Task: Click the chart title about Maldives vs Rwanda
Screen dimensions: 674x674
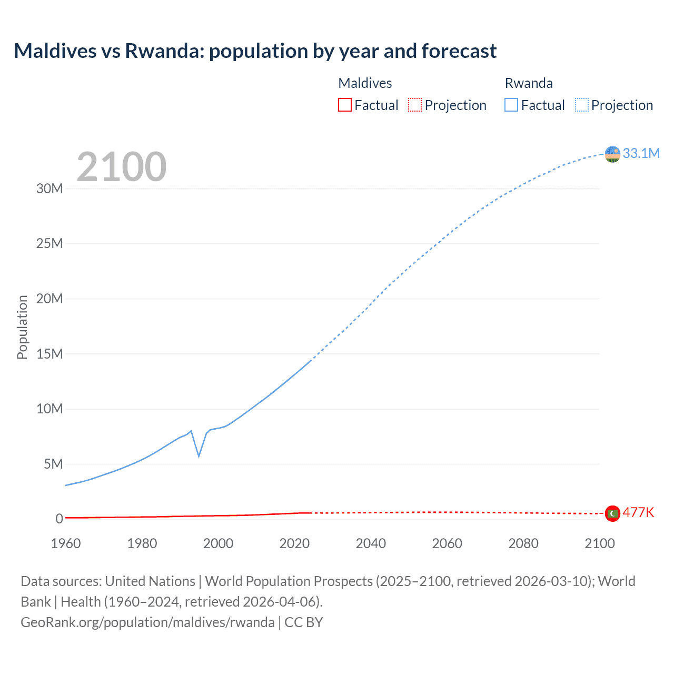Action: click(x=255, y=51)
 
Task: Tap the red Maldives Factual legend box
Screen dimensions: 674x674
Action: click(x=344, y=105)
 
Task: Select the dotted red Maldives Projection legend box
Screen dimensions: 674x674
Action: click(x=415, y=105)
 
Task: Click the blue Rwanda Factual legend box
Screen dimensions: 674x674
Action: click(x=511, y=105)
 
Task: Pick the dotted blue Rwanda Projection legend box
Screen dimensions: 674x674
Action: click(x=581, y=105)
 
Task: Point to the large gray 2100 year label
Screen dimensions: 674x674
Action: click(x=122, y=167)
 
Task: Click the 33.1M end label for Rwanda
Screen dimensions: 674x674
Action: click(x=641, y=153)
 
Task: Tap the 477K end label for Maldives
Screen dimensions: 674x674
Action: click(x=638, y=512)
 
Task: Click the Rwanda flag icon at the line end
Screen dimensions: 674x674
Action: click(x=612, y=154)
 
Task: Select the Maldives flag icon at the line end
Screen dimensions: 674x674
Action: click(x=612, y=513)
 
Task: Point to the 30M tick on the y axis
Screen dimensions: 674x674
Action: click(x=49, y=189)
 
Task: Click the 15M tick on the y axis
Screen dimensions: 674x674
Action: click(x=49, y=354)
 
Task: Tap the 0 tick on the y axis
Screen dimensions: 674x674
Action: click(x=59, y=519)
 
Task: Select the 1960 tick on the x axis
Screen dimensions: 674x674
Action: click(x=66, y=543)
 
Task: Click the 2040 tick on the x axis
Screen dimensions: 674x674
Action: click(x=371, y=543)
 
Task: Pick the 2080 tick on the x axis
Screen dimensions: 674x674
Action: click(x=523, y=543)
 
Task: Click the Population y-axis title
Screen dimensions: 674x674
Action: click(x=22, y=327)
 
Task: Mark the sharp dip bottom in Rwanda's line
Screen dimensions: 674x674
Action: click(x=199, y=456)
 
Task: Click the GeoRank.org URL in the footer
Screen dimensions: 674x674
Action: click(x=147, y=622)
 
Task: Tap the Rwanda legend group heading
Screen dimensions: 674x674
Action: click(x=529, y=83)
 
